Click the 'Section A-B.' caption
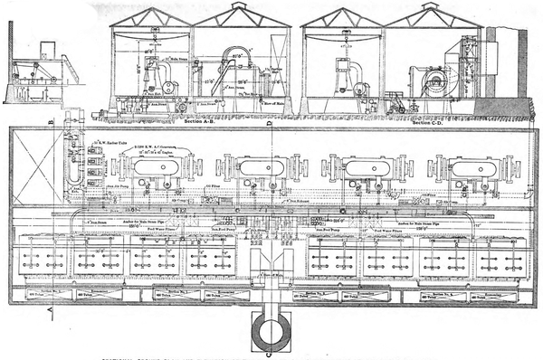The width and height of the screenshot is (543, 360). point(199,119)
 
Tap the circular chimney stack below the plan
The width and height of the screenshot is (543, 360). point(271,334)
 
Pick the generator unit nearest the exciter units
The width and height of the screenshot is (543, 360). point(153,168)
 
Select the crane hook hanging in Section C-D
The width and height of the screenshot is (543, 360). point(345,43)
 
